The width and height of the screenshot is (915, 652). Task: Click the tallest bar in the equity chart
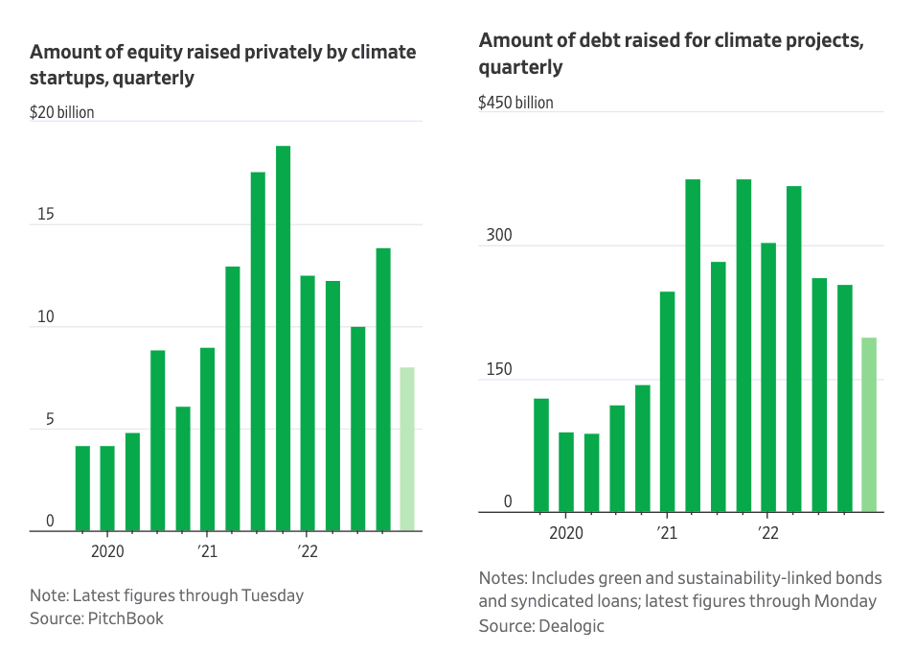click(283, 338)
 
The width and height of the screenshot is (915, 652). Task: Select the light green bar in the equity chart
click(407, 450)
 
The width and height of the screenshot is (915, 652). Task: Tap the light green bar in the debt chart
click(869, 425)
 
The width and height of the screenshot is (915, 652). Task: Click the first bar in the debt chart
click(541, 455)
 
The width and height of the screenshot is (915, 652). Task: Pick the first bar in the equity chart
click(82, 488)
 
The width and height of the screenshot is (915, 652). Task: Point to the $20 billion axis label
click(62, 112)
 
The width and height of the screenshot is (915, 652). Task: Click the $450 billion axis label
click(515, 103)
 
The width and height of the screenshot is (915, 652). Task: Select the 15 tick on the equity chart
click(46, 214)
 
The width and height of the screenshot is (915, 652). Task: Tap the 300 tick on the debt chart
click(499, 235)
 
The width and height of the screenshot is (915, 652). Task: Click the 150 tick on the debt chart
click(499, 369)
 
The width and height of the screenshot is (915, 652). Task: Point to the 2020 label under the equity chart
click(107, 551)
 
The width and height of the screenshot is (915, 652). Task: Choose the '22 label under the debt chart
click(768, 533)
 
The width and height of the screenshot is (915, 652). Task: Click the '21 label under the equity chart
click(207, 551)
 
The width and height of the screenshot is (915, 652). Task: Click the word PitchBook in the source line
click(126, 618)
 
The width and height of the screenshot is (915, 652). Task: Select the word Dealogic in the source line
click(571, 626)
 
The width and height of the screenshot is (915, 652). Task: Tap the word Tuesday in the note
click(272, 595)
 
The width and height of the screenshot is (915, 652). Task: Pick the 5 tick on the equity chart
click(50, 419)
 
